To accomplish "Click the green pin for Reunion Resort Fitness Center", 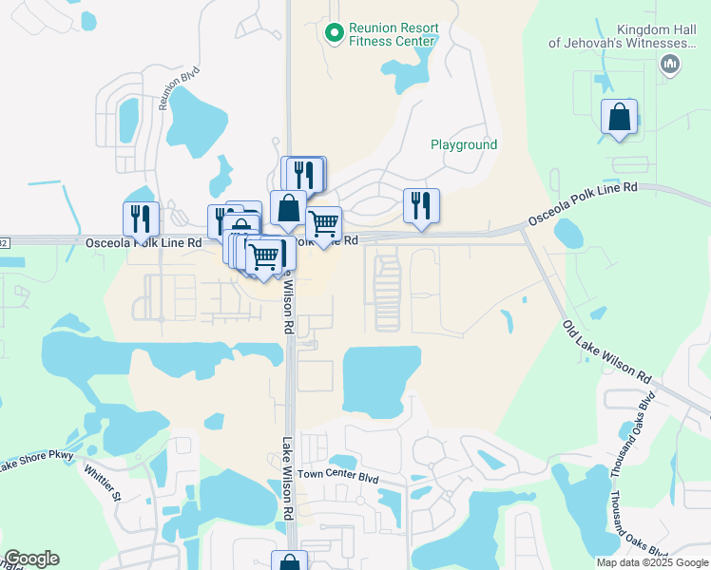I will point(334,33).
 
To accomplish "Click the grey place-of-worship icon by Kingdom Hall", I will point(669,64).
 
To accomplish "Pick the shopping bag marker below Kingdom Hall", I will point(619,119).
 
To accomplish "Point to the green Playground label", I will point(464,145).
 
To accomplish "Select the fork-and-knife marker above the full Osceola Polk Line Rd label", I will point(141,218).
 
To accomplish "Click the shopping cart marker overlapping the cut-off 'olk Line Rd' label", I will point(324,225).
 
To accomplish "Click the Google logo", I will point(31,559).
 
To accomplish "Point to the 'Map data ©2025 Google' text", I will point(651,562).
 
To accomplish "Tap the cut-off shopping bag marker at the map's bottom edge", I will point(289,561).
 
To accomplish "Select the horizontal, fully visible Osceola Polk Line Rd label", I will point(144,243).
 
